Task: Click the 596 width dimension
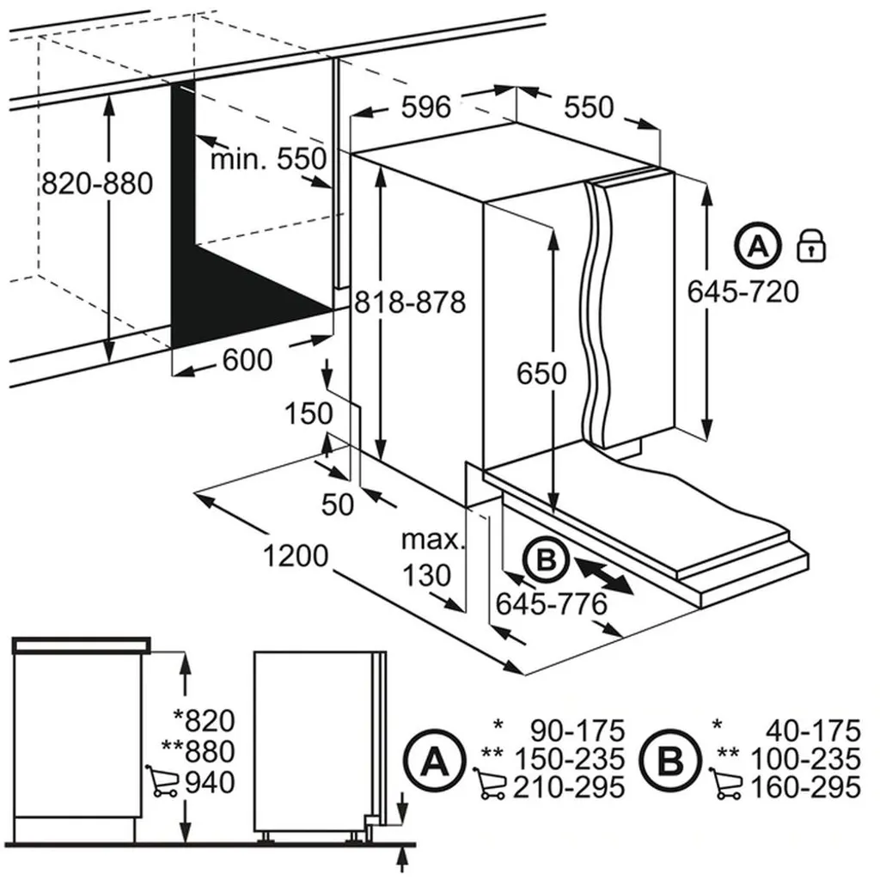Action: (x=426, y=107)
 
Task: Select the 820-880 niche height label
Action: (x=97, y=183)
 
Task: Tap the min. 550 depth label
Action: (x=268, y=159)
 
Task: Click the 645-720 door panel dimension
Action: (x=743, y=292)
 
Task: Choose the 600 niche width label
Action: (x=247, y=360)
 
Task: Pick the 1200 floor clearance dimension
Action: (x=296, y=556)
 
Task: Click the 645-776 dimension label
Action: (x=551, y=604)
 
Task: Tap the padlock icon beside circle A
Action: (x=811, y=245)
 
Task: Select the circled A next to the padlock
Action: (x=758, y=246)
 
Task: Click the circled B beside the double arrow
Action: (x=546, y=559)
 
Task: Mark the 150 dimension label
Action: (x=309, y=414)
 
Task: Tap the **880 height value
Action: (x=199, y=751)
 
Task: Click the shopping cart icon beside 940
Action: (x=162, y=780)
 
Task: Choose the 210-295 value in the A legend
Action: (x=569, y=787)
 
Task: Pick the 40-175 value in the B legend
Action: (x=813, y=730)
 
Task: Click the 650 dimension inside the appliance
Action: (x=541, y=373)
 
